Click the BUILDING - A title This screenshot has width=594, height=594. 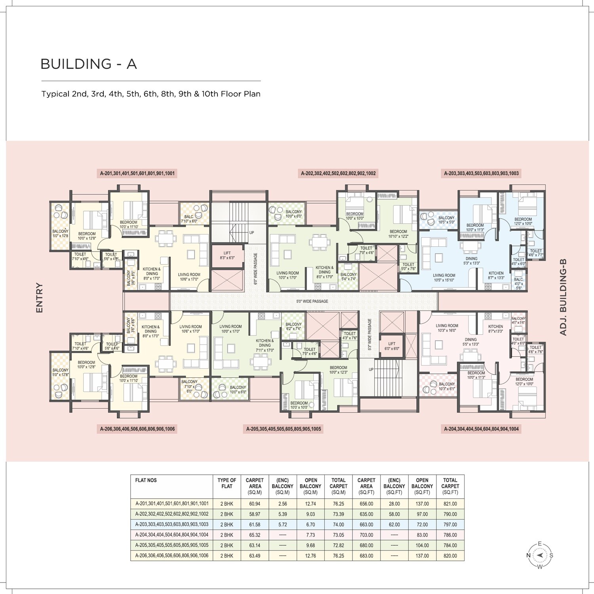coord(89,64)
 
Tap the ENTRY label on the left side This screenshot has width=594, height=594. coord(39,297)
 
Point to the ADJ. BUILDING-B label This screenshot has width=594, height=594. coord(563,297)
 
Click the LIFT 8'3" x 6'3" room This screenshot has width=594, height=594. coord(227,255)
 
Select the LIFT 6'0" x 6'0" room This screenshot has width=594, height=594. coord(392,346)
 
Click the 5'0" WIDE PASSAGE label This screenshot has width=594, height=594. coord(312,301)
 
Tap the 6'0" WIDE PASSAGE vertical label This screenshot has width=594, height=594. coord(255,268)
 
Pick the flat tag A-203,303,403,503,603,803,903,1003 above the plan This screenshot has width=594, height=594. coord(481,173)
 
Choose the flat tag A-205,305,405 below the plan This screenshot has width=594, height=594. coord(284,429)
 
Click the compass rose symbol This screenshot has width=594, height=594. coord(539,555)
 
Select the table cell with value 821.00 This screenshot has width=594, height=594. coord(450,504)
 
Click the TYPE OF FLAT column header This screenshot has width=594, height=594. coord(227,483)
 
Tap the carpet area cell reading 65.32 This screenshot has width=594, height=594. coord(255,535)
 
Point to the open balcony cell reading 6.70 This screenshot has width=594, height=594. coord(310,525)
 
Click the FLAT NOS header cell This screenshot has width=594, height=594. coord(146,480)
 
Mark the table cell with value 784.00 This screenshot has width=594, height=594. coord(450,545)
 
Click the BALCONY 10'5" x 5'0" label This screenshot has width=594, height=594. coord(446,220)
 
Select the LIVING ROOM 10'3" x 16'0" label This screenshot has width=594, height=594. coord(447,328)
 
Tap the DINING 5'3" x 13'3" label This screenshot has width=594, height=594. coord(471,261)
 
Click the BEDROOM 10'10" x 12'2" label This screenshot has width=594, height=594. coord(398,234)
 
